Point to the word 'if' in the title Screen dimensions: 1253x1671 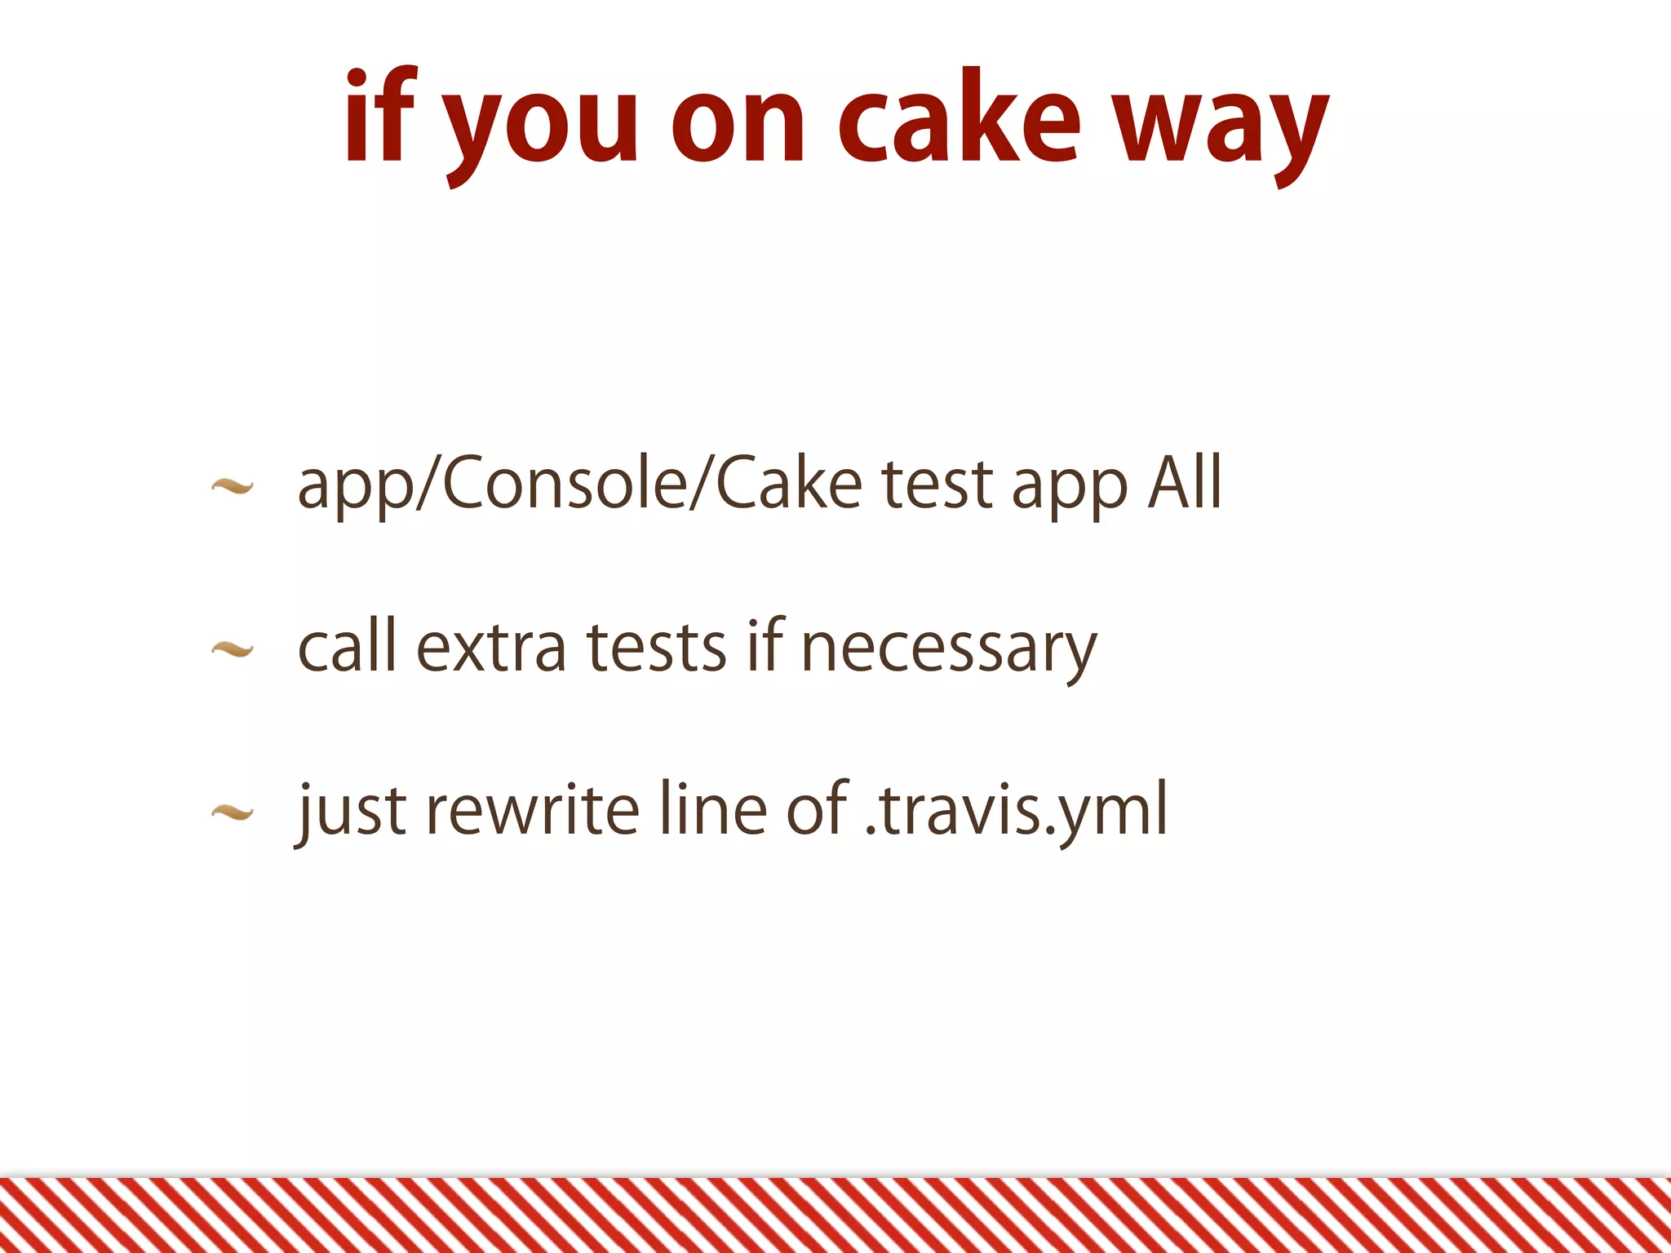coord(380,118)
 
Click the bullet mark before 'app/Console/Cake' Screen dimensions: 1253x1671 coord(232,487)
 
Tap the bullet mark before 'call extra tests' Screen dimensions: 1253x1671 coord(232,649)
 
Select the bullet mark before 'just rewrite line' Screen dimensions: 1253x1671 coord(232,812)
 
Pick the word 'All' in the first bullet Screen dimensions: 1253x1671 coord(1185,483)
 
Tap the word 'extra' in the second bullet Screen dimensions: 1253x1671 coord(490,647)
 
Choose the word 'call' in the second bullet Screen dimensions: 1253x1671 coord(347,645)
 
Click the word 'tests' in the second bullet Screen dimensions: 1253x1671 coord(656,647)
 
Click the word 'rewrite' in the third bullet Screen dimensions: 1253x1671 coord(532,809)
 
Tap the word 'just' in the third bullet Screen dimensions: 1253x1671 coord(351,812)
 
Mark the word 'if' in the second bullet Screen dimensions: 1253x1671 coord(765,645)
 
